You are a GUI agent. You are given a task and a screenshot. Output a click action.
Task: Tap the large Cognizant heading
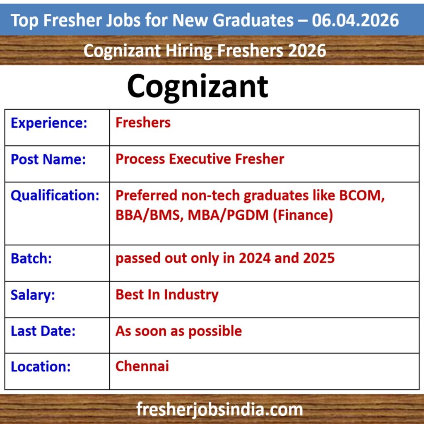click(198, 86)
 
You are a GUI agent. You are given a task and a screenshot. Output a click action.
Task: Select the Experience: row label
click(49, 123)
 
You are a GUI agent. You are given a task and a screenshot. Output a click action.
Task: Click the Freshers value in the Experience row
click(143, 123)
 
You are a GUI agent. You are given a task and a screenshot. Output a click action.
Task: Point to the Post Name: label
click(48, 159)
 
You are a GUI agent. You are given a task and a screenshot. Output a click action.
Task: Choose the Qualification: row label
click(55, 195)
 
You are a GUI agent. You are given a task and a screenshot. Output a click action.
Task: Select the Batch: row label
click(31, 258)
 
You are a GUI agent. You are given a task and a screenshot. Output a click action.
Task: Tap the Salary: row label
click(33, 295)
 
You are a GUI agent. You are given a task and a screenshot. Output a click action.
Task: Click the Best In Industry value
click(167, 294)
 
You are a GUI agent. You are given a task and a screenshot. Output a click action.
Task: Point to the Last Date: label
click(43, 331)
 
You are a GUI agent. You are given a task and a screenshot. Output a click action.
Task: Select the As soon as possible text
click(178, 331)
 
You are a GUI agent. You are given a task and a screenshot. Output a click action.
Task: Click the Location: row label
click(41, 367)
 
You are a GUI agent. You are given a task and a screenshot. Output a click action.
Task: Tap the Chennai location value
click(142, 366)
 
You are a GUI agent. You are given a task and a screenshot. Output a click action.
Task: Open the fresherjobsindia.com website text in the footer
click(220, 410)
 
